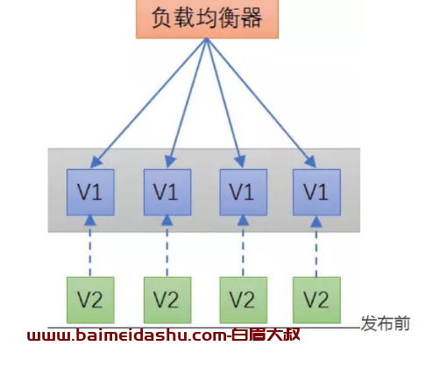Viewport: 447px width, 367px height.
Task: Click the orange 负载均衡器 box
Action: [207, 18]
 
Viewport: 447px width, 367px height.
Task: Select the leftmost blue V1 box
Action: [90, 192]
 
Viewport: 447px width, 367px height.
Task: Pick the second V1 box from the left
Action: [167, 192]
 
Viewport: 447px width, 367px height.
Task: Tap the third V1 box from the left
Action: [244, 192]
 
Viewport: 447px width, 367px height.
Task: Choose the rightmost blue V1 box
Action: [316, 192]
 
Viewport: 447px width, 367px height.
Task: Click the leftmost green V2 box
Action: [90, 300]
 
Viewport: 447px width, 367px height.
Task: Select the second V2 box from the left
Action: [167, 300]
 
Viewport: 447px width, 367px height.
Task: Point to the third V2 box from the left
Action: [244, 300]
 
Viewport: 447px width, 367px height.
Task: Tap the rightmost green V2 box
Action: [316, 300]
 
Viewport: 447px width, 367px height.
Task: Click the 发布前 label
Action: [386, 323]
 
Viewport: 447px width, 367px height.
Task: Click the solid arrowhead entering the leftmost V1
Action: [96, 162]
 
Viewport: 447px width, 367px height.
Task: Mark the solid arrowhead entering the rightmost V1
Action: [310, 162]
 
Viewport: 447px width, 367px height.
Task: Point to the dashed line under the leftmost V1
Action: [90, 251]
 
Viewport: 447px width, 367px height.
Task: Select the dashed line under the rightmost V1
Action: [316, 251]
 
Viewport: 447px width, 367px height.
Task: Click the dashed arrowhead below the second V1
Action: [167, 221]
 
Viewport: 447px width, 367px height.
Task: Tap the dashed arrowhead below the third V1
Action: [243, 221]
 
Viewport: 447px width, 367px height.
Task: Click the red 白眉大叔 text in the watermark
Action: [266, 335]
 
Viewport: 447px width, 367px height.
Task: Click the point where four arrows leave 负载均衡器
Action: [206, 39]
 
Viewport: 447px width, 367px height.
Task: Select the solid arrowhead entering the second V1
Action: [170, 162]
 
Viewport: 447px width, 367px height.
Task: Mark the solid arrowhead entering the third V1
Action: [240, 162]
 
